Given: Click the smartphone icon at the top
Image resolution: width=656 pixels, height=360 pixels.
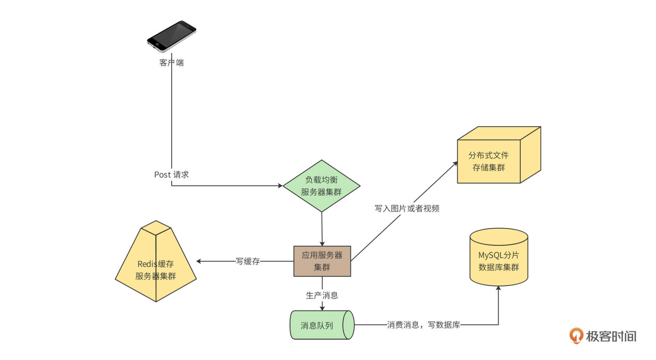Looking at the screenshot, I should (172, 36).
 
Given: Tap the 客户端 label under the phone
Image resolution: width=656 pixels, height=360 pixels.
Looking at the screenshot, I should (172, 63).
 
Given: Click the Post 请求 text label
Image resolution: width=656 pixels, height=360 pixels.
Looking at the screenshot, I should (172, 175).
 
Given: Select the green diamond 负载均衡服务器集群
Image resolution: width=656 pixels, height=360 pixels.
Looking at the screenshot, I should (322, 186).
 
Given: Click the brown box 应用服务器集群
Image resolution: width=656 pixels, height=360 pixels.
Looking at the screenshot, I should (322, 261).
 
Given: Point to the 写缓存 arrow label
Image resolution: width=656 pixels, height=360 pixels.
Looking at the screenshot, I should (248, 261).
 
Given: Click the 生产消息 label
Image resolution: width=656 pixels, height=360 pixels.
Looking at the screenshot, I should (322, 295).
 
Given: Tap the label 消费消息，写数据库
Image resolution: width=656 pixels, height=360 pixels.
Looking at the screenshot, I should (423, 325).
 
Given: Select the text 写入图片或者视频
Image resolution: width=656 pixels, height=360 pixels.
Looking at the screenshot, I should (407, 208).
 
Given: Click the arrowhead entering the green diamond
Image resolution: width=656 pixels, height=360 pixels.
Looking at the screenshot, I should (280, 186).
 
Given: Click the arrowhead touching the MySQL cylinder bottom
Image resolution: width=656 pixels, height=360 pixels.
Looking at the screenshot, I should (498, 288).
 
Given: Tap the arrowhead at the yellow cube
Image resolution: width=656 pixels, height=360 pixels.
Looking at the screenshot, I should (455, 164).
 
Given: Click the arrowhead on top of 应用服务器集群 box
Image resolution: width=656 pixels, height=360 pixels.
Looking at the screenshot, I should (322, 244).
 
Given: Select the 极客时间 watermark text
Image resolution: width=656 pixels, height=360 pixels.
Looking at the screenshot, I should (611, 336).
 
